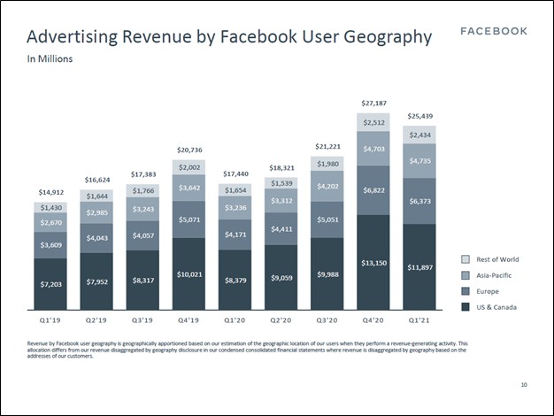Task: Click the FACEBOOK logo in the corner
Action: pyautogui.click(x=495, y=31)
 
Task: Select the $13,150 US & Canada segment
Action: pyautogui.click(x=374, y=263)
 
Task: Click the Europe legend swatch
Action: pyautogui.click(x=466, y=291)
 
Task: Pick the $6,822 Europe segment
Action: pyautogui.click(x=374, y=190)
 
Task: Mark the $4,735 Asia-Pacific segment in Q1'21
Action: pyautogui.click(x=420, y=161)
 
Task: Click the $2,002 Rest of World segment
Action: pyautogui.click(x=189, y=166)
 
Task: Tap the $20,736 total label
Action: pyautogui.click(x=189, y=150)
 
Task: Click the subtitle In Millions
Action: pyautogui.click(x=50, y=59)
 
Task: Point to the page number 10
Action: pyautogui.click(x=524, y=384)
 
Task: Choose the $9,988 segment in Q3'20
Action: pyautogui.click(x=327, y=274)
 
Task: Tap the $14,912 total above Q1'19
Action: pyautogui.click(x=50, y=192)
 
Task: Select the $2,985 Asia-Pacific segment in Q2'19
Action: pyautogui.click(x=96, y=212)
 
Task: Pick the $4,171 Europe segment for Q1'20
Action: pyautogui.click(x=235, y=235)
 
